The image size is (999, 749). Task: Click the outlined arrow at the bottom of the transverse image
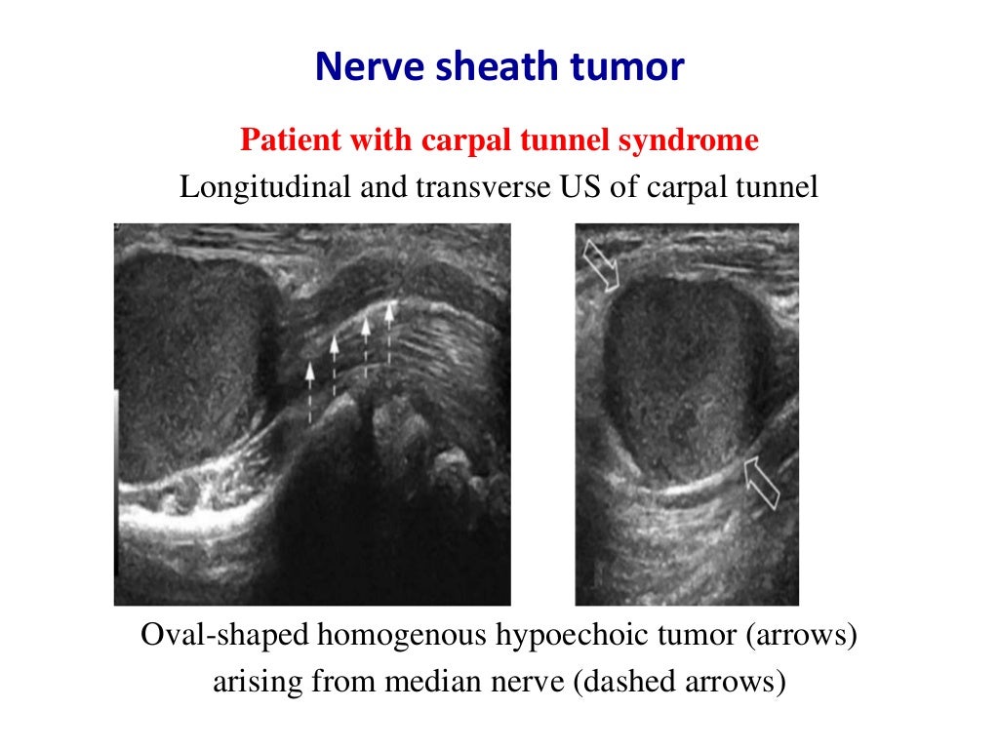(762, 483)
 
